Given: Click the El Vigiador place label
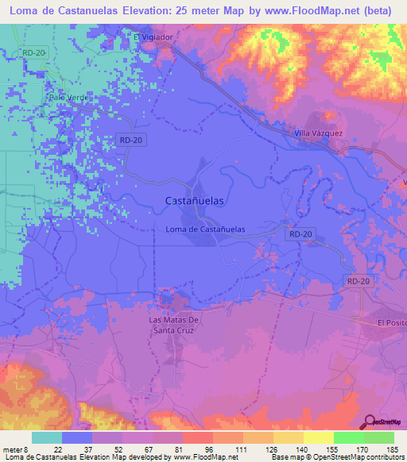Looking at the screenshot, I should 153,37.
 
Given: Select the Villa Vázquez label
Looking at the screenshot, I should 318,133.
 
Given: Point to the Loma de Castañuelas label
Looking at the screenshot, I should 204,229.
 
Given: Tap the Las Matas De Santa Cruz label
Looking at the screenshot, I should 178,325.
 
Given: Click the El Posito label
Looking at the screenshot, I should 391,323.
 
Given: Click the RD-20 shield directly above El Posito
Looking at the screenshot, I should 359,282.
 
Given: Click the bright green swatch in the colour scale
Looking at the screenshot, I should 348,437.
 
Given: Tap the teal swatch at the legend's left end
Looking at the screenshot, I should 47,437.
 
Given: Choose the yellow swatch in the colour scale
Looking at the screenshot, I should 318,437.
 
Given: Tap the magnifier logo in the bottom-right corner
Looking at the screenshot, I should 371,422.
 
